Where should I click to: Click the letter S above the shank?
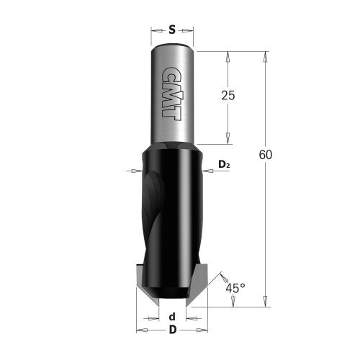pyautogui.click(x=172, y=30)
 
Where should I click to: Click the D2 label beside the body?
pyautogui.click(x=223, y=166)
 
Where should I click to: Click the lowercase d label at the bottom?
pyautogui.click(x=171, y=317)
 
